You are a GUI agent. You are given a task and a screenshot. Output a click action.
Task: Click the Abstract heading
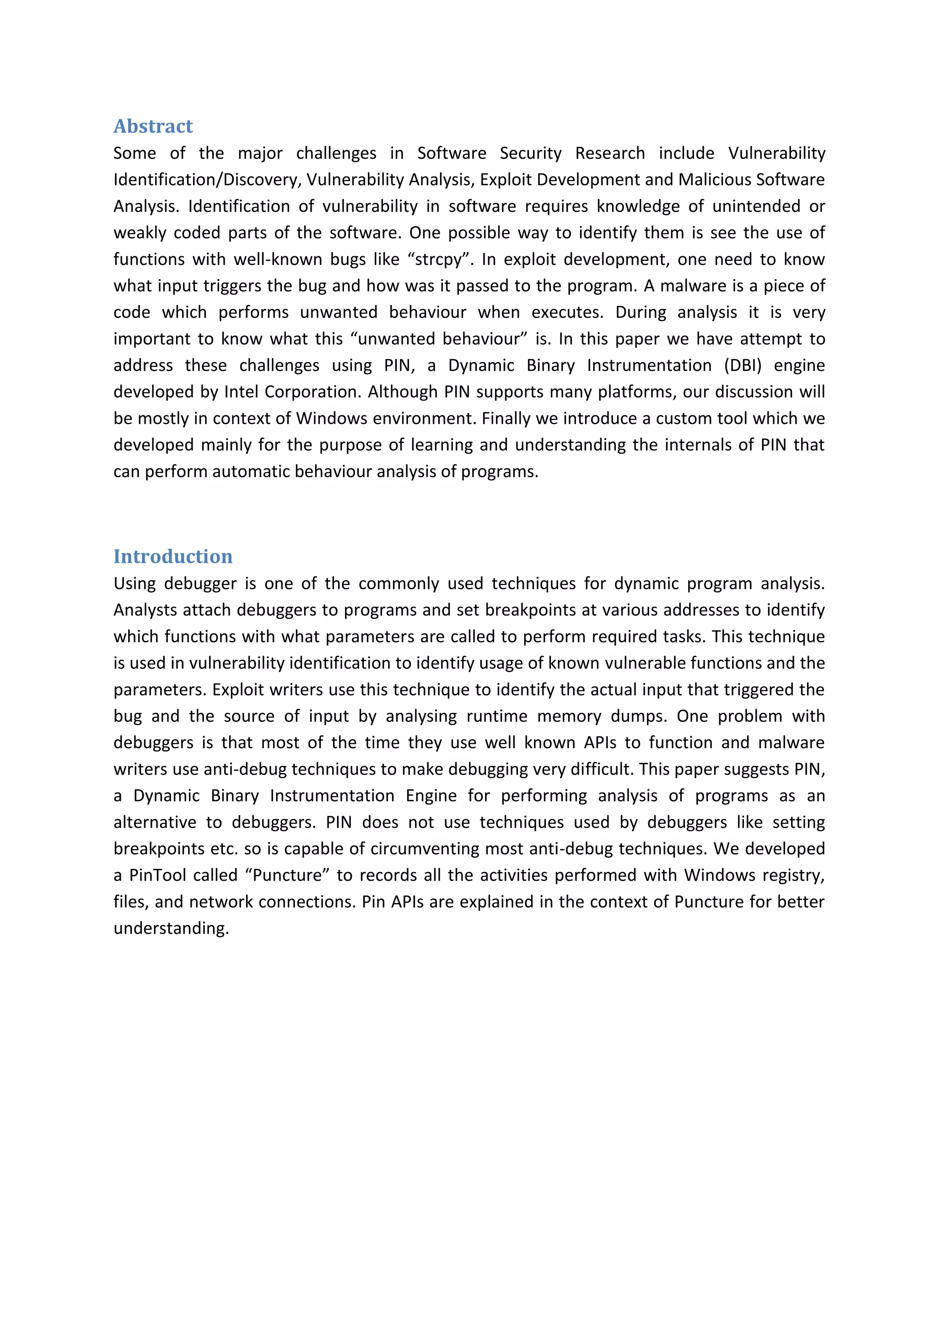[x=153, y=126]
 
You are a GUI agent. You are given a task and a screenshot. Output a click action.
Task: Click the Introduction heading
[x=172, y=556]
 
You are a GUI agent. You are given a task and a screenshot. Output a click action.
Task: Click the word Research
[x=610, y=154]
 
